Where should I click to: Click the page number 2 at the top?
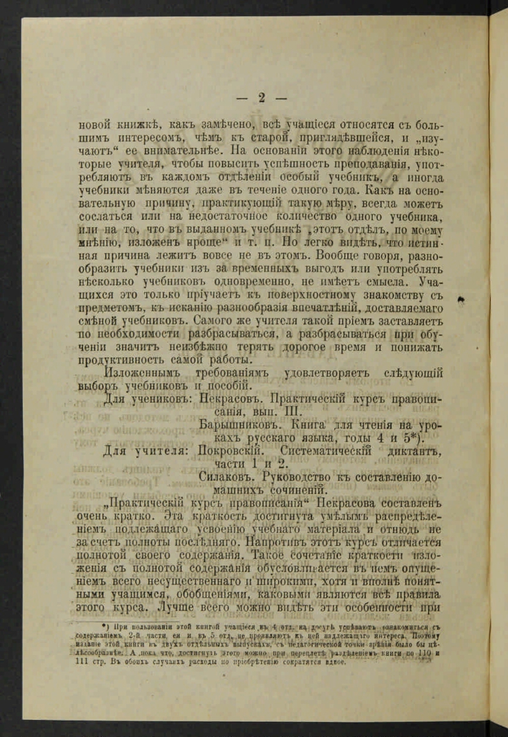point(261,97)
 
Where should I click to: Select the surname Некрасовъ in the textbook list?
point(229,400)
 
